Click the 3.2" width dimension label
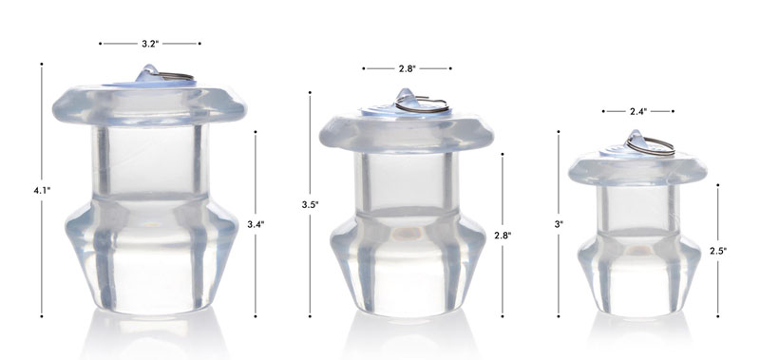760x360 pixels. [149, 44]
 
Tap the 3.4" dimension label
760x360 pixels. [256, 224]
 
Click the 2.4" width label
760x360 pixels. [638, 112]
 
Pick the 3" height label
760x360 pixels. [560, 224]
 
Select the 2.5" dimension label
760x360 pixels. [718, 251]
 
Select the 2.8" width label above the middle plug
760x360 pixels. [407, 68]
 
